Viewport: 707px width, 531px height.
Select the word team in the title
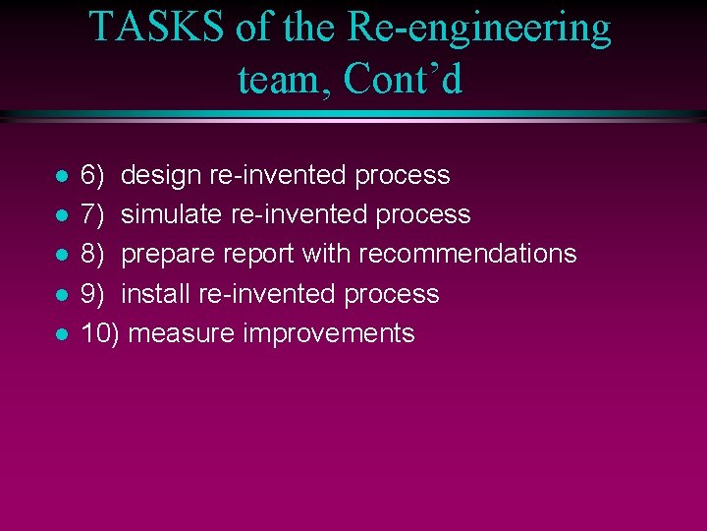coord(284,79)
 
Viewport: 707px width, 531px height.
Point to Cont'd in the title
coord(403,79)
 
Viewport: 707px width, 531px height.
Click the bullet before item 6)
coord(61,177)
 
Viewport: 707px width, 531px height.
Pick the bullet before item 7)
coord(61,216)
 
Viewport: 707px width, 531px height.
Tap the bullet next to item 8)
coord(61,256)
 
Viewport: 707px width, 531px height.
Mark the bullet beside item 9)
coord(61,295)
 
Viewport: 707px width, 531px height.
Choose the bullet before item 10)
coord(61,334)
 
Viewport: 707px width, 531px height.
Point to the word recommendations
coord(466,254)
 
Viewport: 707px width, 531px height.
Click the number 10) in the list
coord(99,333)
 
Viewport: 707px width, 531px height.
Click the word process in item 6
coord(402,176)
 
